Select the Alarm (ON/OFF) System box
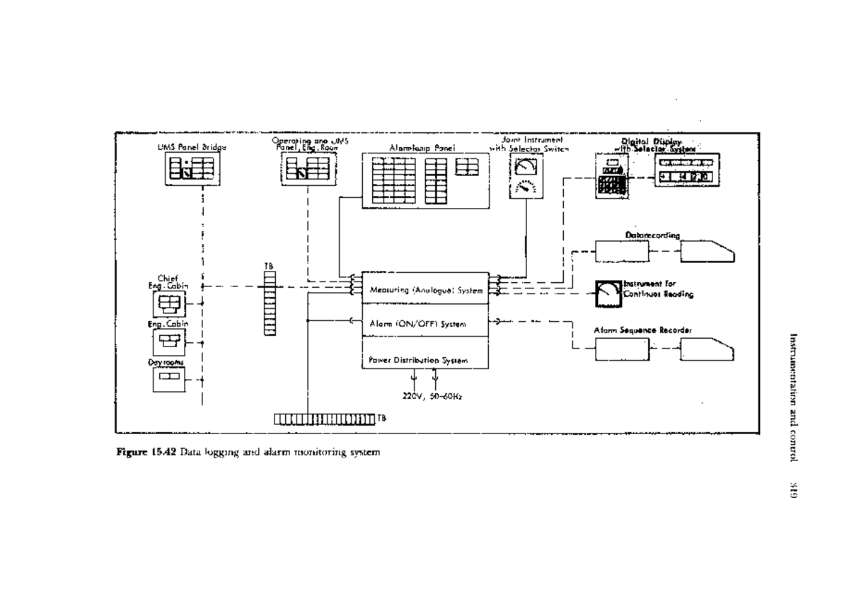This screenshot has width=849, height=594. pos(425,324)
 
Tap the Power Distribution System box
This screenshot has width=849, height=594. pos(425,359)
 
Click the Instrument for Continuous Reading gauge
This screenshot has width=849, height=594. pos(607,293)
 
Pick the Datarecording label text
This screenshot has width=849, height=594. pos(652,234)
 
